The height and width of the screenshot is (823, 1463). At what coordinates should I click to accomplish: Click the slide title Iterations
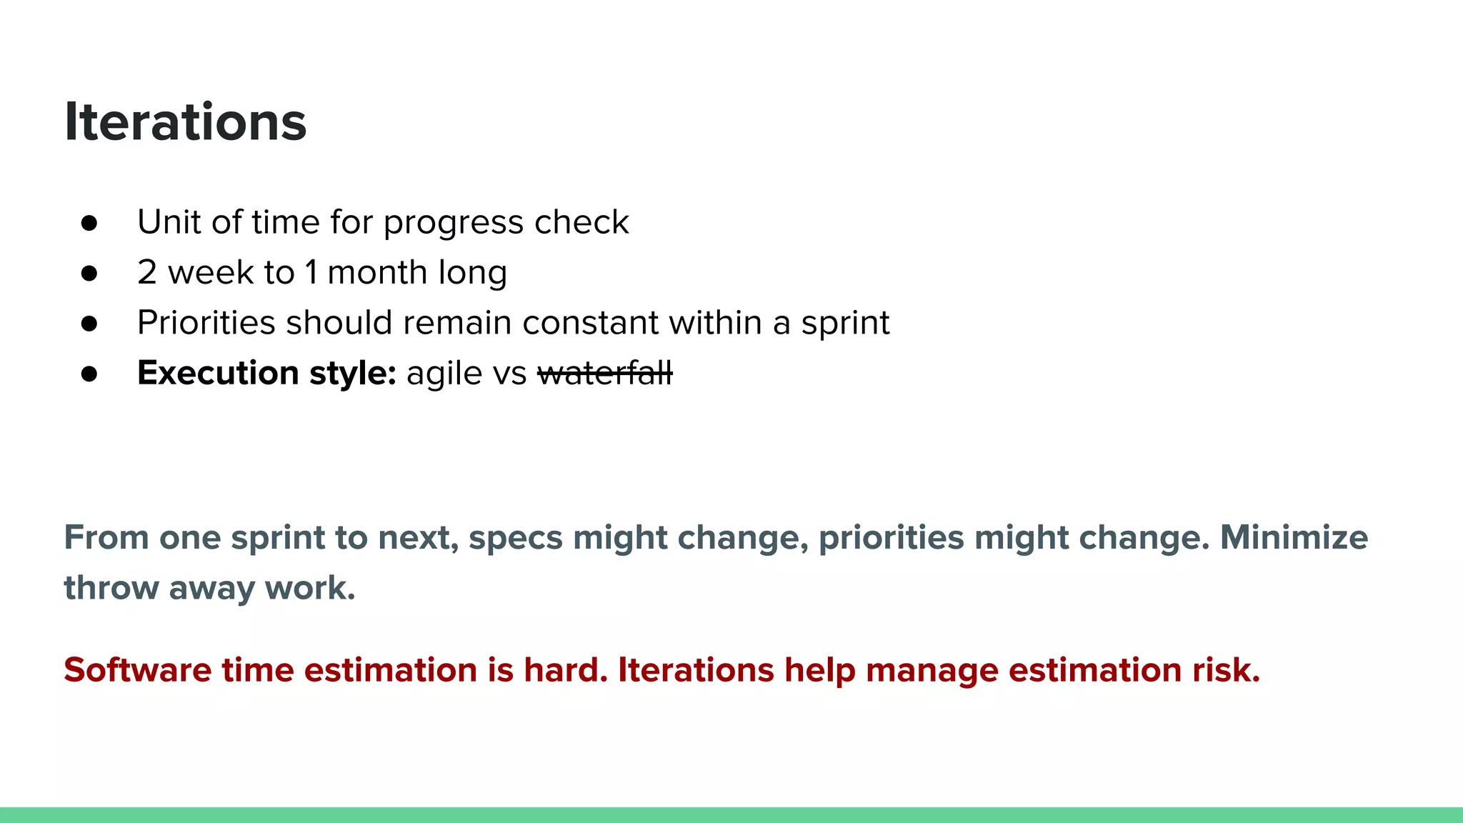point(185,122)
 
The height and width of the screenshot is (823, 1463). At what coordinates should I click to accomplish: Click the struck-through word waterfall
point(604,373)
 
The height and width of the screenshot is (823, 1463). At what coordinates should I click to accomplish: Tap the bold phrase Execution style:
point(266,373)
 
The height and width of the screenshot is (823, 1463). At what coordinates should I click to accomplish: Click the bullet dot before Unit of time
point(89,223)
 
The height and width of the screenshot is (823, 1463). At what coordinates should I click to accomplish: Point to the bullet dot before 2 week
point(89,273)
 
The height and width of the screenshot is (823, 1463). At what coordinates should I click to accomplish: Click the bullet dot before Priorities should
point(89,324)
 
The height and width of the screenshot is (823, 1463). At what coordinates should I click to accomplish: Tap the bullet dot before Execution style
point(89,374)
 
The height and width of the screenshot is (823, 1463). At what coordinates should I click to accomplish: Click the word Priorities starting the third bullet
point(206,323)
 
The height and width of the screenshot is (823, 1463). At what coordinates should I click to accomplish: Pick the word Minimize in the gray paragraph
point(1294,537)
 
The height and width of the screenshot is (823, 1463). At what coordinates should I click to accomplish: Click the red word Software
point(138,670)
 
